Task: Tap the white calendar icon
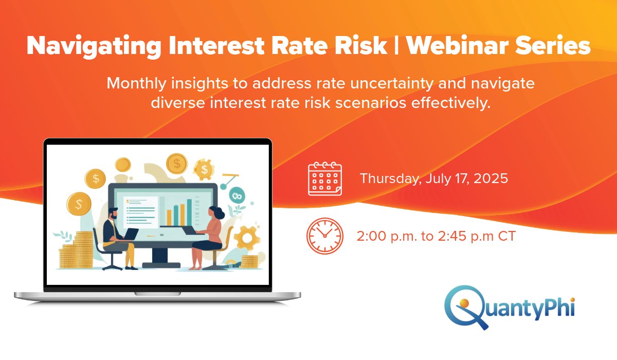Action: [324, 178]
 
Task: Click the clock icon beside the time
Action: [324, 236]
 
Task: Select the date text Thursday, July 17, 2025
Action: [434, 178]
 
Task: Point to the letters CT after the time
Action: [506, 237]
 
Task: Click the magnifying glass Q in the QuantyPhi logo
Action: [461, 307]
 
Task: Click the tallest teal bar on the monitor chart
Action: [189, 212]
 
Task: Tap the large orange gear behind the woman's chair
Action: [246, 238]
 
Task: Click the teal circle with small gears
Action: [238, 195]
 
